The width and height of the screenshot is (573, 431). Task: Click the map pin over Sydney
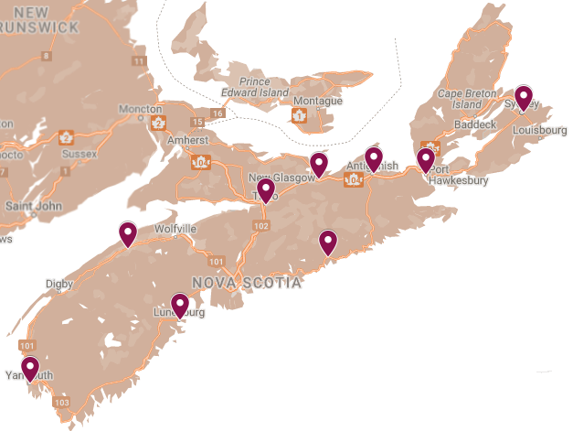click(x=523, y=97)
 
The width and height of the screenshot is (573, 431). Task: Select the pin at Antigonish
click(x=374, y=158)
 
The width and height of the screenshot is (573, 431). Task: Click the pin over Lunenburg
click(x=181, y=305)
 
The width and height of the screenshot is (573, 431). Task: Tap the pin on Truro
click(x=266, y=190)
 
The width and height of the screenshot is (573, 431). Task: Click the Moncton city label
click(x=140, y=110)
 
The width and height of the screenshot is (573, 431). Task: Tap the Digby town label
click(x=59, y=285)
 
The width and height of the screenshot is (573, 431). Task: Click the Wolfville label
click(x=176, y=228)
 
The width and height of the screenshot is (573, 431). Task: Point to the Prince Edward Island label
click(x=255, y=85)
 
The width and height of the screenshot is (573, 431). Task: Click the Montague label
click(x=318, y=101)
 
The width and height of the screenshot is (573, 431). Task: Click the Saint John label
click(x=32, y=206)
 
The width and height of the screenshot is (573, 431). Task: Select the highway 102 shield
click(x=262, y=225)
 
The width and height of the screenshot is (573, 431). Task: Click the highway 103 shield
click(x=62, y=402)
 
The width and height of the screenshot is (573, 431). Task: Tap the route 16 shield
click(x=217, y=113)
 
